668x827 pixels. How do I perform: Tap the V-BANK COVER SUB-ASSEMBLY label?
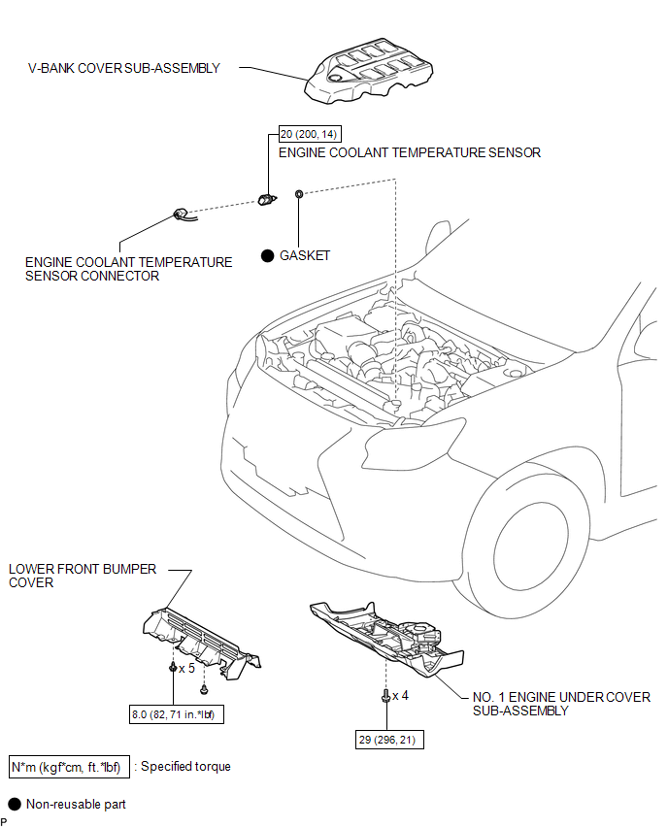124,69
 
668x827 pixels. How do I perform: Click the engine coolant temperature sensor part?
267,199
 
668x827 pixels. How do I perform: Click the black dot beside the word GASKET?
267,255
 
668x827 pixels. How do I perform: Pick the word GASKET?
305,255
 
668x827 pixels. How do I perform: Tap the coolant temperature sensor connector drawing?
182,215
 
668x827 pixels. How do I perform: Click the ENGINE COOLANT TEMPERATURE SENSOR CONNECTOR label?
128,269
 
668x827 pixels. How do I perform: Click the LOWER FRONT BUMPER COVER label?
82,576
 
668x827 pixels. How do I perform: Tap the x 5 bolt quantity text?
186,669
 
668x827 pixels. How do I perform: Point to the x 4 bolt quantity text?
399,695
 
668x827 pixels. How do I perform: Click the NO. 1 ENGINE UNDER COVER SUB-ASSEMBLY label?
560,704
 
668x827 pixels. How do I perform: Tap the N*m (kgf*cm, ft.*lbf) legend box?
69,767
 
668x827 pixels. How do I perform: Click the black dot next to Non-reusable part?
15,804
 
